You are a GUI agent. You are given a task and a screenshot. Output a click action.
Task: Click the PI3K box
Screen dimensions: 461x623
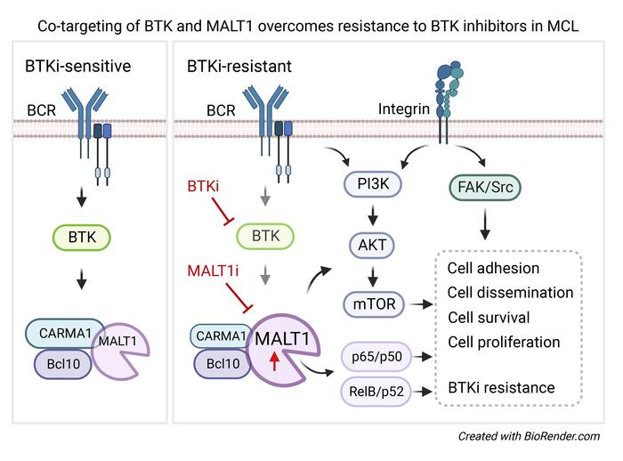point(373,185)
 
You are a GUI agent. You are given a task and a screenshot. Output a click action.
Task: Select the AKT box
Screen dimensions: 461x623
point(373,245)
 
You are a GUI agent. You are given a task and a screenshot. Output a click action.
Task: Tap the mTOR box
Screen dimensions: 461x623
point(373,304)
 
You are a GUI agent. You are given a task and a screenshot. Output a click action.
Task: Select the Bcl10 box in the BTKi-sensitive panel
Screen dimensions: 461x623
point(63,365)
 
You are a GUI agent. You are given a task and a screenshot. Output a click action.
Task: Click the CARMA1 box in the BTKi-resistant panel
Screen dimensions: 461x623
point(217,335)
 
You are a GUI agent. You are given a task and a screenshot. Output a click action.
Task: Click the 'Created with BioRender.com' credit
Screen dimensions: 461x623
point(529,436)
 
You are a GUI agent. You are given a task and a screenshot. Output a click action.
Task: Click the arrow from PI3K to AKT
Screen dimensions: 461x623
point(373,214)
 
